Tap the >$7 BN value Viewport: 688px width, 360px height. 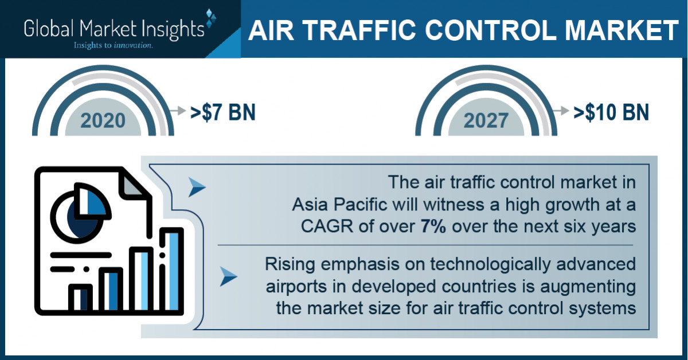(223, 112)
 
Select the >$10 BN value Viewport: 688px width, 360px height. (611, 112)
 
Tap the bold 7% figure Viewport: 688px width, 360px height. (435, 226)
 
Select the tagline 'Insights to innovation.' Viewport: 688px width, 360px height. (112, 44)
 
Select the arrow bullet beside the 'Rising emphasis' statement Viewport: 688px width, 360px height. (229, 277)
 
